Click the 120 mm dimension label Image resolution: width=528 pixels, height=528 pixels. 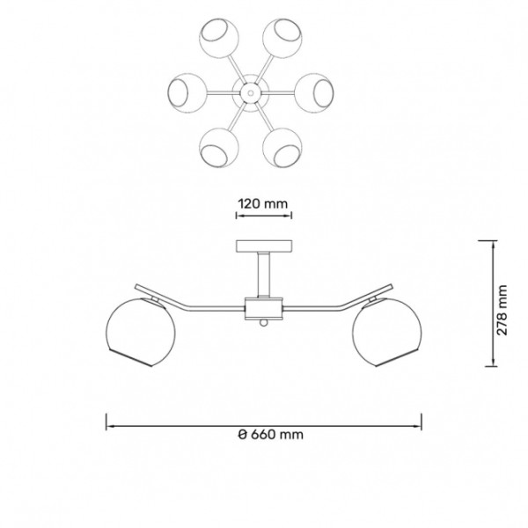point(263,203)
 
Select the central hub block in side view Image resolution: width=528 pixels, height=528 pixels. point(263,309)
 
